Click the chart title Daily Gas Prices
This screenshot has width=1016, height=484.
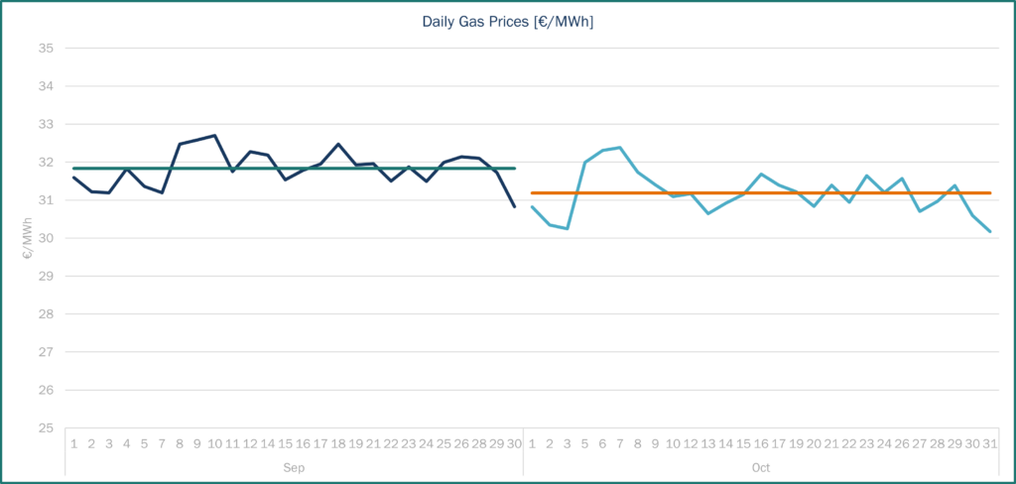coord(507,22)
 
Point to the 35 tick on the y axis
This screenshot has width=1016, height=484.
coord(46,48)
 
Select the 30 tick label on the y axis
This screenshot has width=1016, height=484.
coord(46,238)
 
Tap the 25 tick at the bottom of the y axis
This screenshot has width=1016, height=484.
coord(46,428)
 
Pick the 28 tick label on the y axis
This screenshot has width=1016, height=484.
coord(46,314)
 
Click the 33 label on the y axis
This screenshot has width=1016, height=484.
coord(46,124)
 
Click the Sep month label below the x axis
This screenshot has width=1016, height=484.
coord(294,466)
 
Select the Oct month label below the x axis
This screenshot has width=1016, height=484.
coord(760,466)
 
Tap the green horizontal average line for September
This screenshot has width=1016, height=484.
coord(298,169)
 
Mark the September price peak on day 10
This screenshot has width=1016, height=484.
coord(215,135)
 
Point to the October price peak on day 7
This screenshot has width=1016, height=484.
coord(620,148)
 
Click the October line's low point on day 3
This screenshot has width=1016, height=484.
coord(568,228)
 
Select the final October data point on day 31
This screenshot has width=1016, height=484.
coord(989,231)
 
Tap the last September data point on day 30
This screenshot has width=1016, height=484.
coord(515,206)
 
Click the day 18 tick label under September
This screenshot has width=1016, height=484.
coord(338,442)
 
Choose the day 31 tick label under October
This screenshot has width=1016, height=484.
coord(989,442)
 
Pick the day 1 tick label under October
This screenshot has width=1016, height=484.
coord(533,442)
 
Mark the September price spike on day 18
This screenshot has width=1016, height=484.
coord(338,144)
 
